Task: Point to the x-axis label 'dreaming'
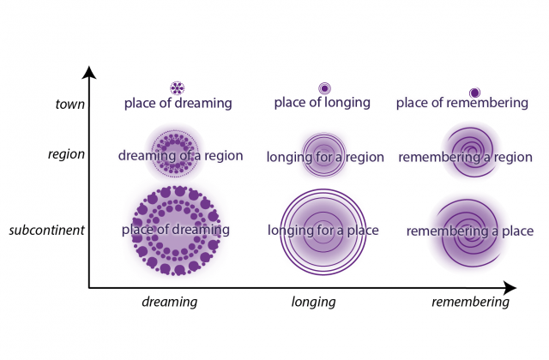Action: coord(169,302)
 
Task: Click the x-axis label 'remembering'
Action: coord(469,302)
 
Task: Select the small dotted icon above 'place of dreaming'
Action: coord(177,88)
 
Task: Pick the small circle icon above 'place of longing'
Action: coord(324,87)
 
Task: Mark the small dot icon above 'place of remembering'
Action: coord(474,92)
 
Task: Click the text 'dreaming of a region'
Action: coord(180,156)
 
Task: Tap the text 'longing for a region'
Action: coord(325,157)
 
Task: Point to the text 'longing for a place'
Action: coord(323,231)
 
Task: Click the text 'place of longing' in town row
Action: coord(322,103)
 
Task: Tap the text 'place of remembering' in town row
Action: coord(462,104)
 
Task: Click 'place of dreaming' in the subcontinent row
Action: coord(176,230)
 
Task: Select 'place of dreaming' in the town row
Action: coord(178,104)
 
